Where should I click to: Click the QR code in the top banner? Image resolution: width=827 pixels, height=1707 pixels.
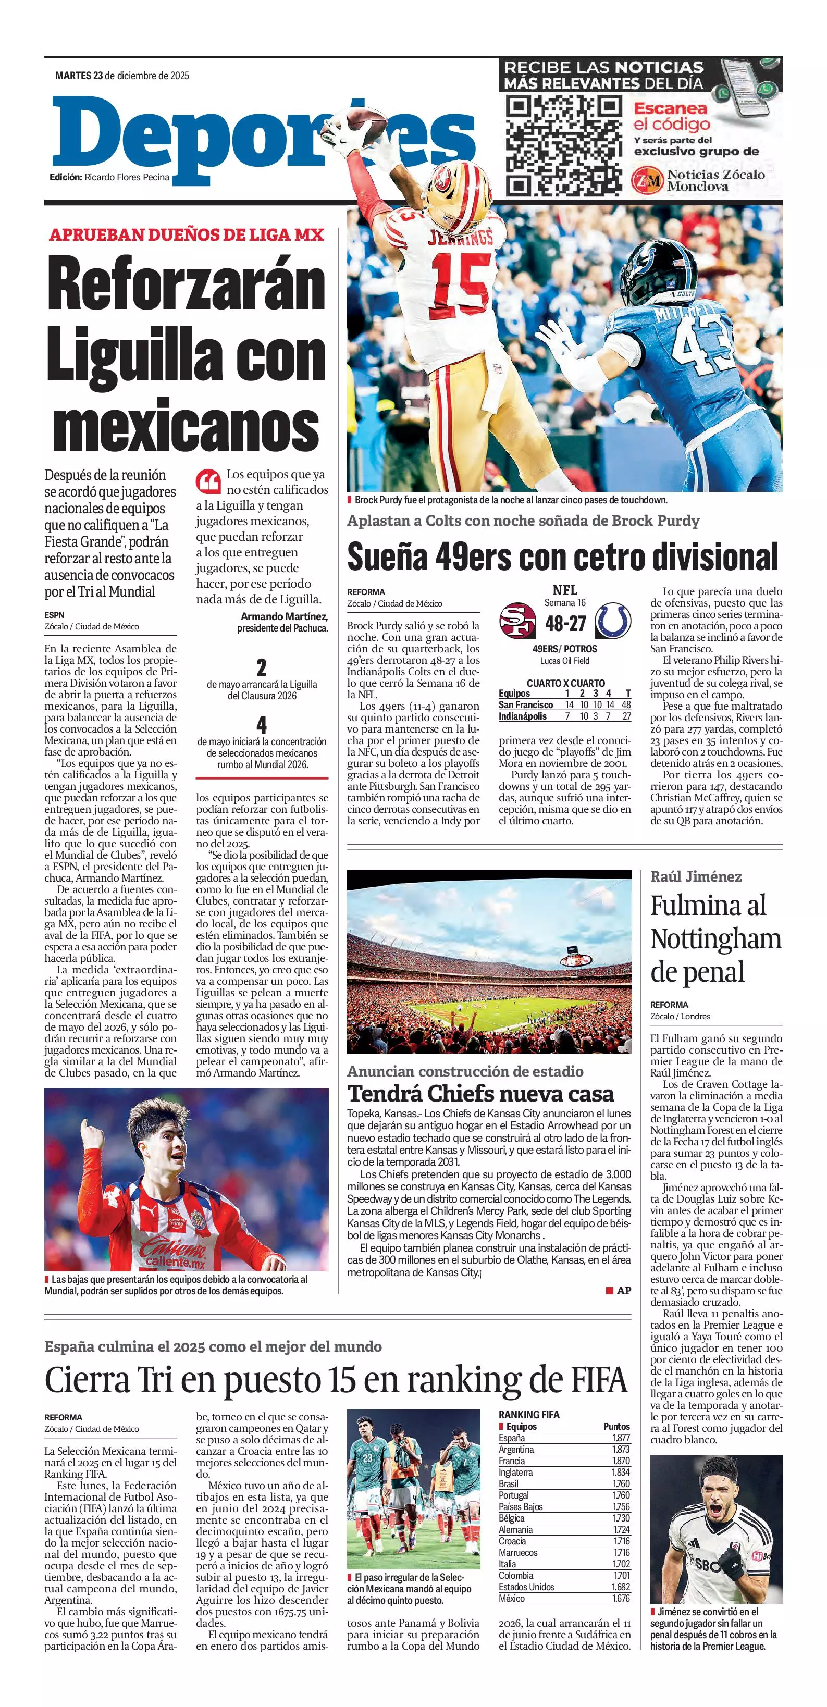click(563, 146)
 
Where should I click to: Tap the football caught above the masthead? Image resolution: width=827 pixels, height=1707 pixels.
click(364, 124)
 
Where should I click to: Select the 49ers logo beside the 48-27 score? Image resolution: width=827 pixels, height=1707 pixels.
click(517, 621)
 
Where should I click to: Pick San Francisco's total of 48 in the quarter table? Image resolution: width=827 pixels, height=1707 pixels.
click(625, 705)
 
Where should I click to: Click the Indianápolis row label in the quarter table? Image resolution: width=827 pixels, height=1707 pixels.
click(523, 716)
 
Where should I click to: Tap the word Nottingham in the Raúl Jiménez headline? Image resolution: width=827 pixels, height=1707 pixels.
click(715, 939)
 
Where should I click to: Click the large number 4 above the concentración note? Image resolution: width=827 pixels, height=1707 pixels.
click(262, 725)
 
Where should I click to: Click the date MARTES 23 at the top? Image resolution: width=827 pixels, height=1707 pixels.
click(79, 76)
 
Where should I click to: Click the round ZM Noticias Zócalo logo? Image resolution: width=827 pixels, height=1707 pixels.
click(647, 180)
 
